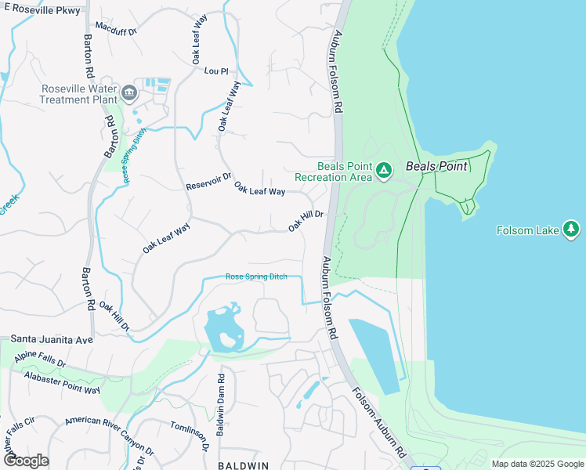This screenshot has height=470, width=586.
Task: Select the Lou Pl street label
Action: (215, 71)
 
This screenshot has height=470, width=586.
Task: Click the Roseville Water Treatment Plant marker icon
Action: (130, 94)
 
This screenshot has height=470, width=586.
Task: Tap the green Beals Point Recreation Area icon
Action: (384, 170)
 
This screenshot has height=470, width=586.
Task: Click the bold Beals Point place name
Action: (436, 166)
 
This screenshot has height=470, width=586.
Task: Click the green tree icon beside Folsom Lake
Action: (572, 230)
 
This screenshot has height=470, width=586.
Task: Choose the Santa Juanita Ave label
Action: (52, 340)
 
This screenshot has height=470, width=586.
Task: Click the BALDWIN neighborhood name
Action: (243, 465)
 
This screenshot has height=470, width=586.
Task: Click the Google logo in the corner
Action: (26, 461)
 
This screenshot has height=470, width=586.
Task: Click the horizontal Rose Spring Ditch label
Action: (256, 277)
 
